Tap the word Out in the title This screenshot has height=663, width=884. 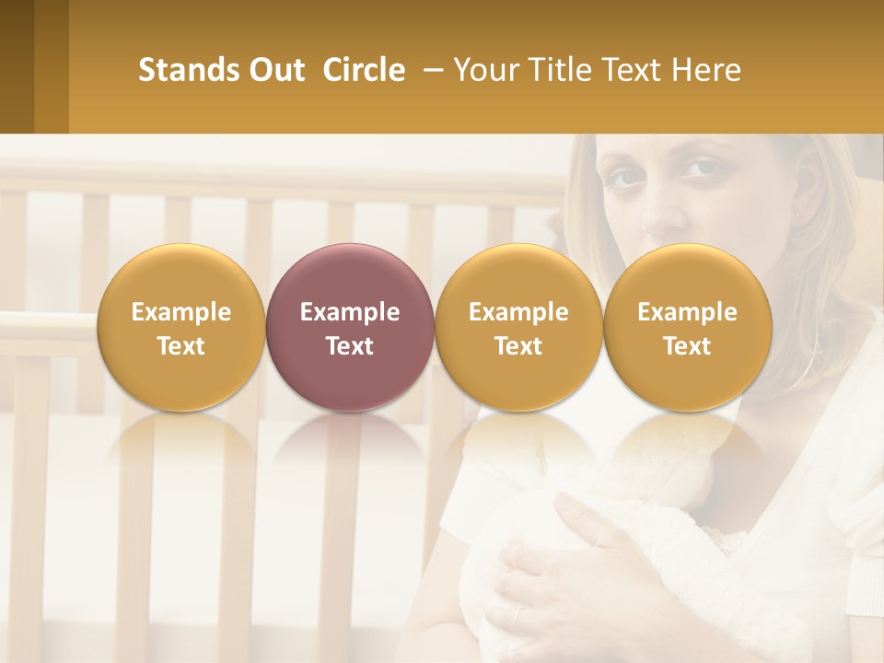(273, 70)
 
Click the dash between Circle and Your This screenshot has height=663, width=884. (429, 70)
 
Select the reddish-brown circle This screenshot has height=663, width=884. (349, 327)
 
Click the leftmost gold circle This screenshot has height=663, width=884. (180, 327)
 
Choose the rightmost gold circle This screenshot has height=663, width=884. (687, 327)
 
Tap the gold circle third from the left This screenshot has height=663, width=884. (518, 327)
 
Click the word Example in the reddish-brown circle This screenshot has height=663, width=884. (350, 312)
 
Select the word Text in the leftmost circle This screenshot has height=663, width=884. (180, 346)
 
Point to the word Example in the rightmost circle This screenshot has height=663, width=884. (687, 312)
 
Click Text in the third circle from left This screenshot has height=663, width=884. (518, 346)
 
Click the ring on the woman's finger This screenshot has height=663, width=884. (521, 619)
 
